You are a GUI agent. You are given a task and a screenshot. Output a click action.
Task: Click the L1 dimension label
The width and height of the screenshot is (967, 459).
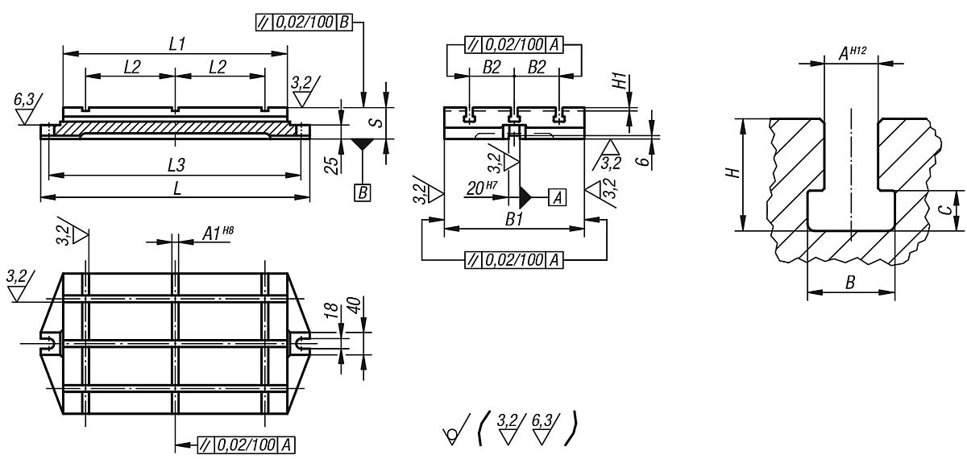(x=175, y=45)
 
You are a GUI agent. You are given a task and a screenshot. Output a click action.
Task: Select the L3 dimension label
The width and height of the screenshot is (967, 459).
(x=176, y=165)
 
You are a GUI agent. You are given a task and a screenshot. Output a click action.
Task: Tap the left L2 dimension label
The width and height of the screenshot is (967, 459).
(x=132, y=68)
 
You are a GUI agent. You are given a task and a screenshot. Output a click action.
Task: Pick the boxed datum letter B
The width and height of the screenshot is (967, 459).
(x=363, y=194)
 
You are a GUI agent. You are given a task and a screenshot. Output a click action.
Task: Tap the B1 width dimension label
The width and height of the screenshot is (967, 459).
(x=513, y=219)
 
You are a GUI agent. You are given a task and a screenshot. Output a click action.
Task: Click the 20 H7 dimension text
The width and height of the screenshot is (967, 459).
(x=482, y=190)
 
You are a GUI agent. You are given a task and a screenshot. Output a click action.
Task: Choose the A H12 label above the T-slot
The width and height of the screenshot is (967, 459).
(x=852, y=52)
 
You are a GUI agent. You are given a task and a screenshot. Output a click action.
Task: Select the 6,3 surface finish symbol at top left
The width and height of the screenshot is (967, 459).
(x=25, y=101)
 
